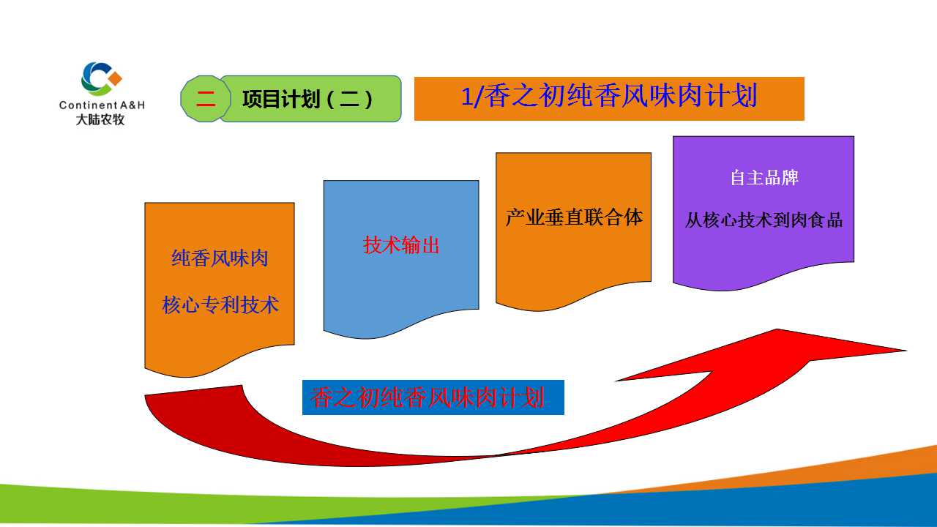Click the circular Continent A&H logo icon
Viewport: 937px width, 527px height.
pos(101,79)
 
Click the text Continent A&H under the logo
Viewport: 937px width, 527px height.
pos(102,105)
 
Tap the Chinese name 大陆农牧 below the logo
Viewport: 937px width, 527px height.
pos(100,119)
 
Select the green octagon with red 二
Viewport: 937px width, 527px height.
pos(206,99)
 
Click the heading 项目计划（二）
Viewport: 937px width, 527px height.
pos(307,99)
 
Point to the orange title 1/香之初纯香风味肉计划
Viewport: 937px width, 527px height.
pos(609,96)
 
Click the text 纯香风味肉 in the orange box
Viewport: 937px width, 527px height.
pos(220,258)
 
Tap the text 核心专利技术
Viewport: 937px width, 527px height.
pos(220,304)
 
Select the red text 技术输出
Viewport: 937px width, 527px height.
pos(401,245)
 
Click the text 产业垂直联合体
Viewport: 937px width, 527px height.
pos(573,217)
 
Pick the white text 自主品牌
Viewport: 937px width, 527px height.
pos(764,178)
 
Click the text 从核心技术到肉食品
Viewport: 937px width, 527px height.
pos(764,220)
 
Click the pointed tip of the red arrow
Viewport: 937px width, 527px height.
pos(906,351)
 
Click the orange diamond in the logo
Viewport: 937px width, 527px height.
pos(115,78)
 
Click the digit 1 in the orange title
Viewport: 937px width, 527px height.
pos(467,96)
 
